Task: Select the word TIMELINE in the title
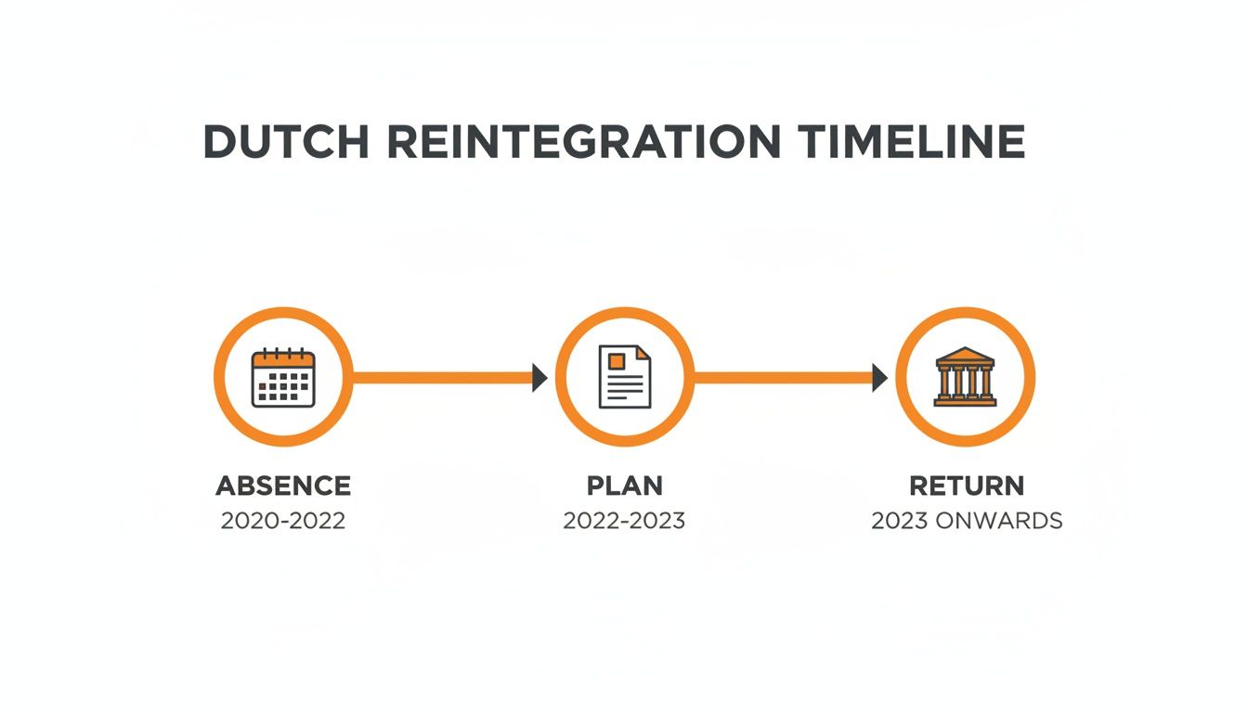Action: pos(911,142)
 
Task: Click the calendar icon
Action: pos(283,377)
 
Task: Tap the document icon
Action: pos(625,377)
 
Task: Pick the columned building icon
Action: pos(965,377)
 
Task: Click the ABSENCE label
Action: pos(283,486)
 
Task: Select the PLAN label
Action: pos(625,486)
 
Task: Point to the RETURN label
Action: pos(967,486)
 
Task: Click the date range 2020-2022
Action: pos(283,520)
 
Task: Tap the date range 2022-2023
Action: pos(624,520)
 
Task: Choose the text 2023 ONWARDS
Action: pos(967,520)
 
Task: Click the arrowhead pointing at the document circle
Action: pos(539,378)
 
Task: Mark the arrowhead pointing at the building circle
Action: pos(879,378)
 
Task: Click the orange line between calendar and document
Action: pos(441,378)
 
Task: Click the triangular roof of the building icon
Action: pos(965,356)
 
